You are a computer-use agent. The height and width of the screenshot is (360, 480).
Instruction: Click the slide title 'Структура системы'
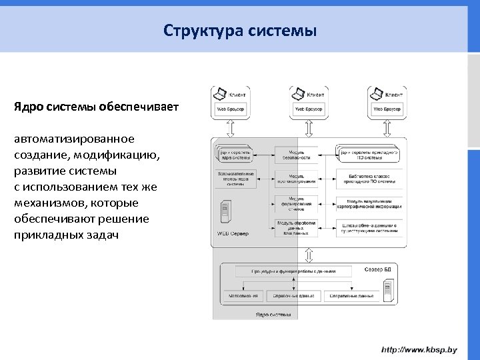(x=239, y=31)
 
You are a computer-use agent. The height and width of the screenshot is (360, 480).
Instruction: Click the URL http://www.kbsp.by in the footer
(x=419, y=349)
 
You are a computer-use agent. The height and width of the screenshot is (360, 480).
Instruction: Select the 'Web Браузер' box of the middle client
(x=309, y=109)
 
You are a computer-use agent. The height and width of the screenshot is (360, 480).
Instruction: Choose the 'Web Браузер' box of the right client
(x=387, y=109)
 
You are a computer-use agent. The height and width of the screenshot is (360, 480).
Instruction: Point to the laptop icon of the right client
(x=376, y=93)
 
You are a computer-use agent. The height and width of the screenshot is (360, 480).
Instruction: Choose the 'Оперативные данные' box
(x=350, y=295)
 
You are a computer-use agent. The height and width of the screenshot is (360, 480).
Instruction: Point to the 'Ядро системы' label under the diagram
(x=273, y=314)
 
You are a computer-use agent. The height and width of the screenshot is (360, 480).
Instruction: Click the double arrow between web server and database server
(x=308, y=255)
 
